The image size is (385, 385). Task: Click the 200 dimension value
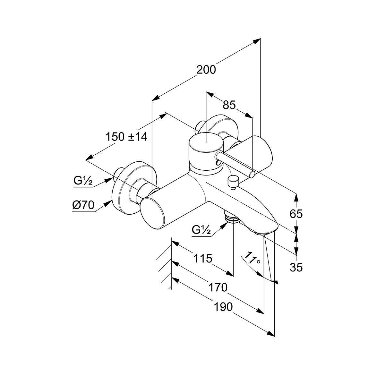coord(206,70)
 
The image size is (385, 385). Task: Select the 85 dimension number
coord(229,105)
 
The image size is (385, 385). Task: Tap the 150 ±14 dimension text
coord(126,137)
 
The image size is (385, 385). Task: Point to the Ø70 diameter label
coord(83,205)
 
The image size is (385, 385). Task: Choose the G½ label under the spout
coord(201,230)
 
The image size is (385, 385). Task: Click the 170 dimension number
coord(218,287)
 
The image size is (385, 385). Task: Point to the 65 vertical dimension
coord(296,214)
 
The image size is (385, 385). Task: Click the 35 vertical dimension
coord(296,267)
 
